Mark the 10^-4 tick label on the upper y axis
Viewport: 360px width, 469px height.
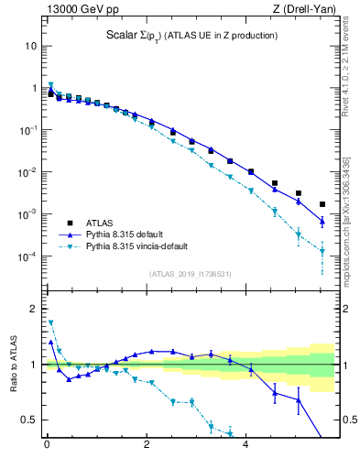click(x=27, y=256)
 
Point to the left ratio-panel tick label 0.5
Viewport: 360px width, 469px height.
click(x=28, y=420)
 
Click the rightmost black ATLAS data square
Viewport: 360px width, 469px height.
click(x=322, y=204)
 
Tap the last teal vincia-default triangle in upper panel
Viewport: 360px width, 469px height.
click(x=322, y=251)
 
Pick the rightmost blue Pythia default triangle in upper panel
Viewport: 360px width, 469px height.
click(x=322, y=221)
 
